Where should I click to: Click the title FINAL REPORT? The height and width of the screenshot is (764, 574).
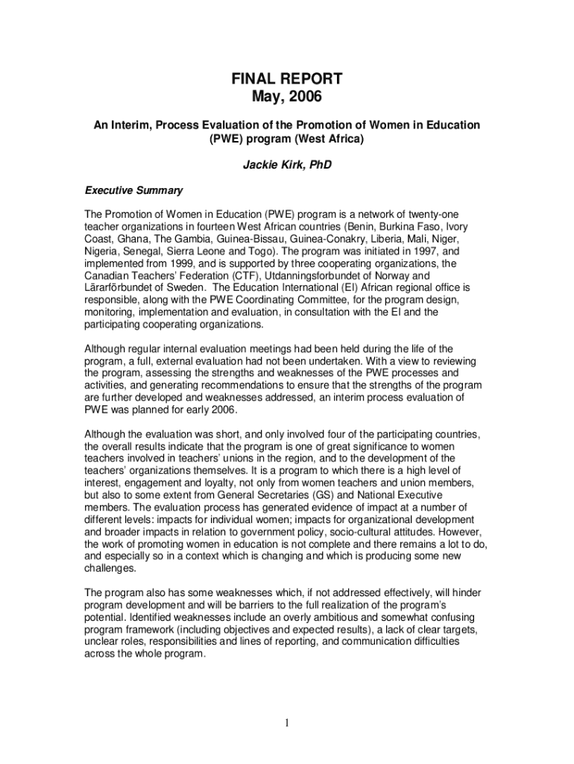[287, 78]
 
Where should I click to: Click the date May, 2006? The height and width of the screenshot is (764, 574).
[287, 96]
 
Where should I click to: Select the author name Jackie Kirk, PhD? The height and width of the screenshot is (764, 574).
[287, 165]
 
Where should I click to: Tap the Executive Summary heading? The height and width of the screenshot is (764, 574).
[133, 190]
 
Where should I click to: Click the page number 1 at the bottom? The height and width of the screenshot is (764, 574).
[287, 722]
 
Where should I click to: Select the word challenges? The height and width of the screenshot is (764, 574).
[110, 568]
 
